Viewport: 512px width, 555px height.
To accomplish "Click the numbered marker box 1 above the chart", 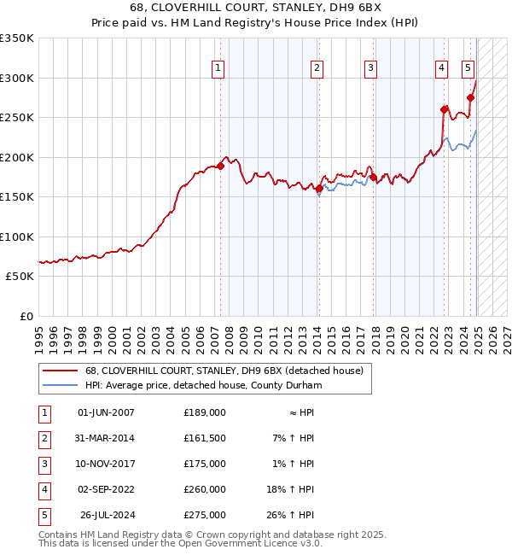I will (x=218, y=68).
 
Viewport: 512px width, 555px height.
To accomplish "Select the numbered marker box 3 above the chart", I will (x=371, y=68).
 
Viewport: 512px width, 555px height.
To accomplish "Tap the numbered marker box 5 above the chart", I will (x=468, y=68).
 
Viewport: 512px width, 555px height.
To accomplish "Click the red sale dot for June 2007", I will (x=220, y=166).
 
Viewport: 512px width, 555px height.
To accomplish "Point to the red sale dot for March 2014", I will (x=319, y=189).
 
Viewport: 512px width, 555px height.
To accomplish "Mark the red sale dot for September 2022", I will (x=444, y=109).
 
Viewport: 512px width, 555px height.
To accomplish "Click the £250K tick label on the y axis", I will (x=17, y=118).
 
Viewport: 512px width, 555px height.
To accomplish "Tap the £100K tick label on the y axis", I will (x=17, y=237).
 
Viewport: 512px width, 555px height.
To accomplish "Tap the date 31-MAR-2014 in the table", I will (x=106, y=438).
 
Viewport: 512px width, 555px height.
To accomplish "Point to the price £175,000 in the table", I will (x=205, y=464).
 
